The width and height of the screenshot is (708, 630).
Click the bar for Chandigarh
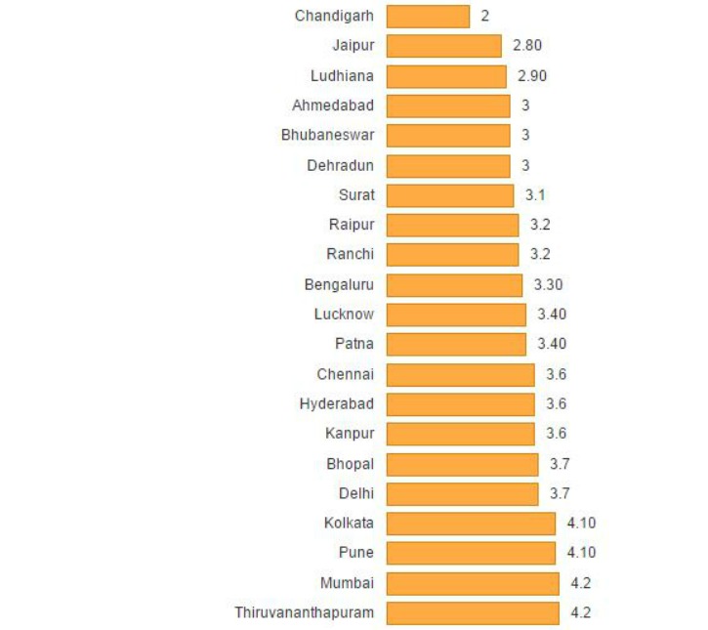pos(428,16)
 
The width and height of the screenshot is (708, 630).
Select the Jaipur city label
pos(353,45)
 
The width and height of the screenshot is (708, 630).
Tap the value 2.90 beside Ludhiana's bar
pos(532,75)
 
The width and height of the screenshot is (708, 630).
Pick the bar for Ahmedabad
pos(448,105)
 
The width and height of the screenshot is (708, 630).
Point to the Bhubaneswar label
pos(327,135)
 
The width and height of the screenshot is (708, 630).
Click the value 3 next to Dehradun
pos(525,165)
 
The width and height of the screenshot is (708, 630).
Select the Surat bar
pos(450,195)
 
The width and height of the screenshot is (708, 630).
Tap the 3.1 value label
pos(536,195)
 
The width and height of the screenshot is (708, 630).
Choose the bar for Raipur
pos(452,225)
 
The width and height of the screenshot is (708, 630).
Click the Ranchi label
pos(351,254)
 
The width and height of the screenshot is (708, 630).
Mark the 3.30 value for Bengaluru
pos(549,284)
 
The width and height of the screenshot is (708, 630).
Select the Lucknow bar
pos(456,315)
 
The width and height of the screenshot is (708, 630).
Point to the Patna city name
pos(354,344)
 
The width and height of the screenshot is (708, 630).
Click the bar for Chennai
pos(461,374)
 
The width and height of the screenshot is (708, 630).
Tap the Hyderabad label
pos(337,403)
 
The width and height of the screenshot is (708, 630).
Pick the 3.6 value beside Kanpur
pos(557,434)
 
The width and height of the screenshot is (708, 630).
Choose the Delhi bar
pos(462,493)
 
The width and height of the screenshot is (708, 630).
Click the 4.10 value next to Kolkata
pos(581,523)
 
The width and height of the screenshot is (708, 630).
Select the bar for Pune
pos(471,553)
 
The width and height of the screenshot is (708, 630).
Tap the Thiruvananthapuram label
pos(304,612)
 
